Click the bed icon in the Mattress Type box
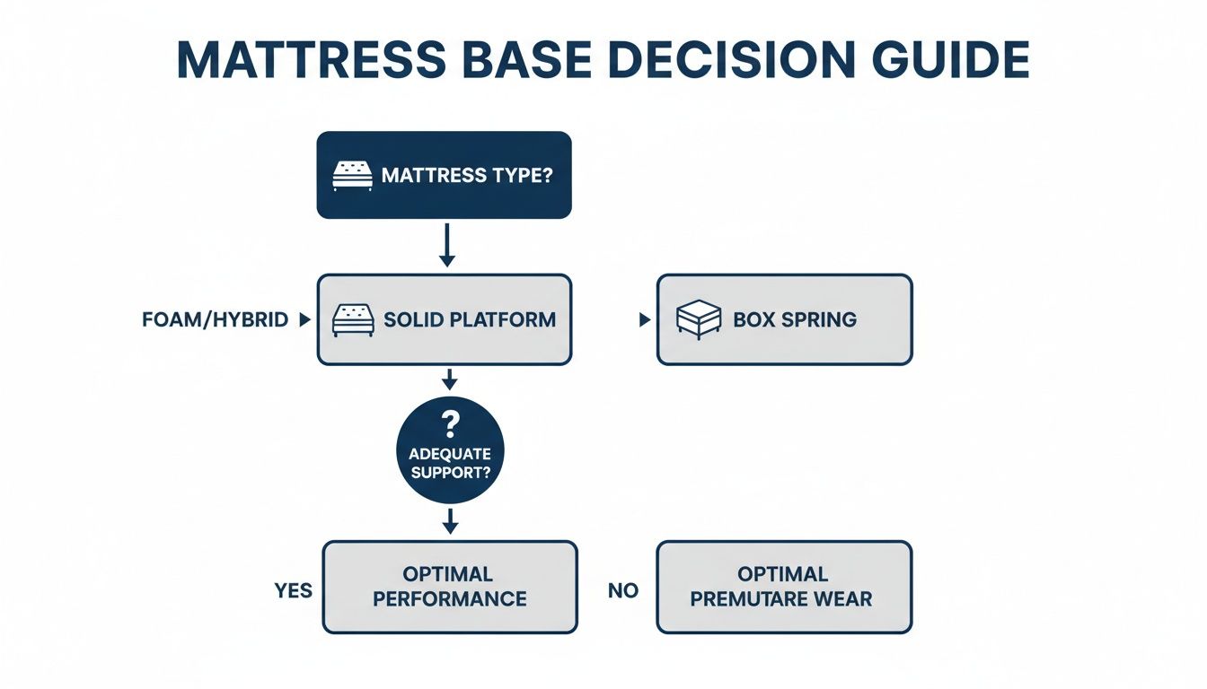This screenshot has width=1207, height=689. tap(351, 175)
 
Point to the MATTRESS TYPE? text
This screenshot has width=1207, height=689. tap(467, 175)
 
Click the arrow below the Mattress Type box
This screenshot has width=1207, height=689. tap(446, 245)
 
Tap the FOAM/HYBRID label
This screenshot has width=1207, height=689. tap(215, 319)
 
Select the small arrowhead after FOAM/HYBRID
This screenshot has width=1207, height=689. tap(304, 319)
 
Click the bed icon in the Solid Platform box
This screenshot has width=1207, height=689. tap(351, 319)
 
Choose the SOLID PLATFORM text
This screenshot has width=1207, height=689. tap(469, 319)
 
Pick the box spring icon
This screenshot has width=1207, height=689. tap(698, 319)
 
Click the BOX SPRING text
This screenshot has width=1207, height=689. tap(794, 319)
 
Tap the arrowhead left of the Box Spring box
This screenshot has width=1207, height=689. tap(644, 319)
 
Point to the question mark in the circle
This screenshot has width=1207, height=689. tap(449, 423)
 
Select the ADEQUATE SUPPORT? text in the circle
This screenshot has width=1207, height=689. tap(449, 462)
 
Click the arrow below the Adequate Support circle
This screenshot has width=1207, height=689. tap(450, 520)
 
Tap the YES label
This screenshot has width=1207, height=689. tap(293, 590)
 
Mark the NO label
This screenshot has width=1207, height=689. tap(623, 590)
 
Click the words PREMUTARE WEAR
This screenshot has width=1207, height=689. tap(781, 598)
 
